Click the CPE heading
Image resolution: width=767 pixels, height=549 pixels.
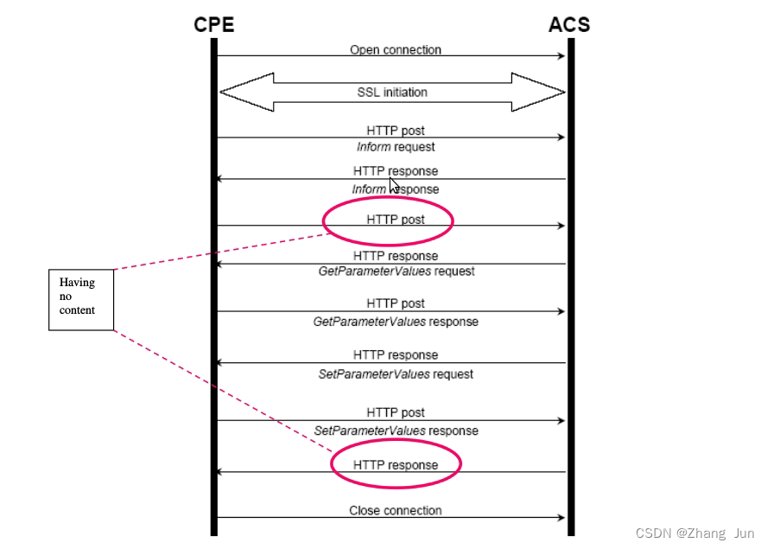(x=213, y=24)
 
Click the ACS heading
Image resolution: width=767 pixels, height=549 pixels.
(x=569, y=24)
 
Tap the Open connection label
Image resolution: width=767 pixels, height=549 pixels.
(x=396, y=50)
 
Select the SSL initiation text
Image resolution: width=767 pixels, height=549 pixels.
(x=392, y=93)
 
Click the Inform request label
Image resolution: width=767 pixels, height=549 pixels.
(x=396, y=147)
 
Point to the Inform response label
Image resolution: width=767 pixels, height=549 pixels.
(x=396, y=189)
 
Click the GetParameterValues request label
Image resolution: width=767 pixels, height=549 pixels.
(x=396, y=271)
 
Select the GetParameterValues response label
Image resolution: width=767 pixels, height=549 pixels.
(x=396, y=322)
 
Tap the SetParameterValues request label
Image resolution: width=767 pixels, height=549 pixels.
(x=396, y=374)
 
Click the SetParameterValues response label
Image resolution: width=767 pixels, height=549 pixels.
(x=396, y=431)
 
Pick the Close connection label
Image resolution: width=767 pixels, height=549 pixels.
(x=396, y=511)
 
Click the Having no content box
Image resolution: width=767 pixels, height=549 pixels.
(x=81, y=299)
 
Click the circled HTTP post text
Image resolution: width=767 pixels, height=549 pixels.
(x=396, y=220)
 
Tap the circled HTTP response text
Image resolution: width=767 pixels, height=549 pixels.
(x=396, y=465)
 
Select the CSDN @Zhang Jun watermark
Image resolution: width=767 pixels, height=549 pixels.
(x=694, y=533)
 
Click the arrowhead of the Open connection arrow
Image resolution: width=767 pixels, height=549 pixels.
(x=561, y=56)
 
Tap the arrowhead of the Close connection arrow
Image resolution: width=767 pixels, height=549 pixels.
(x=561, y=518)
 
